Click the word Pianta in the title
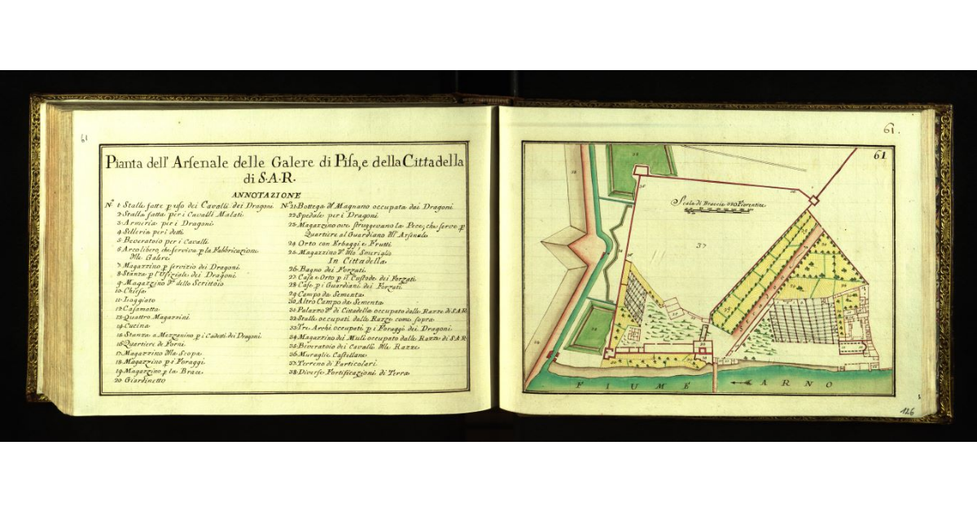[124, 163]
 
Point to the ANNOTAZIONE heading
[266, 196]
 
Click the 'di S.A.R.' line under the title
[269, 178]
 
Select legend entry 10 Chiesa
[129, 290]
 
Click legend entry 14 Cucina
[130, 325]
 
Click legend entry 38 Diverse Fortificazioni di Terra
[350, 373]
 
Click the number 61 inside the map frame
[879, 154]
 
